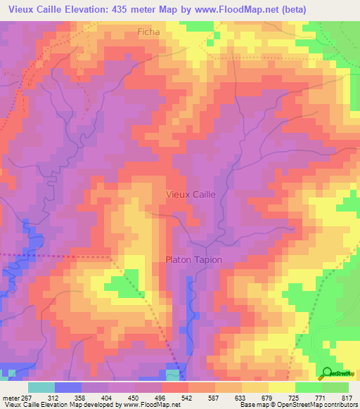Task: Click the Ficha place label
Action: click(148, 32)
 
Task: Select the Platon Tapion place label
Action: click(193, 259)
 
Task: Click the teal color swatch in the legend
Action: click(41, 387)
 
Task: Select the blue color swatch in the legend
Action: click(68, 387)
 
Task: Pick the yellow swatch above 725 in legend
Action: click(282, 387)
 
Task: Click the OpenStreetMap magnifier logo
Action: click(327, 372)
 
